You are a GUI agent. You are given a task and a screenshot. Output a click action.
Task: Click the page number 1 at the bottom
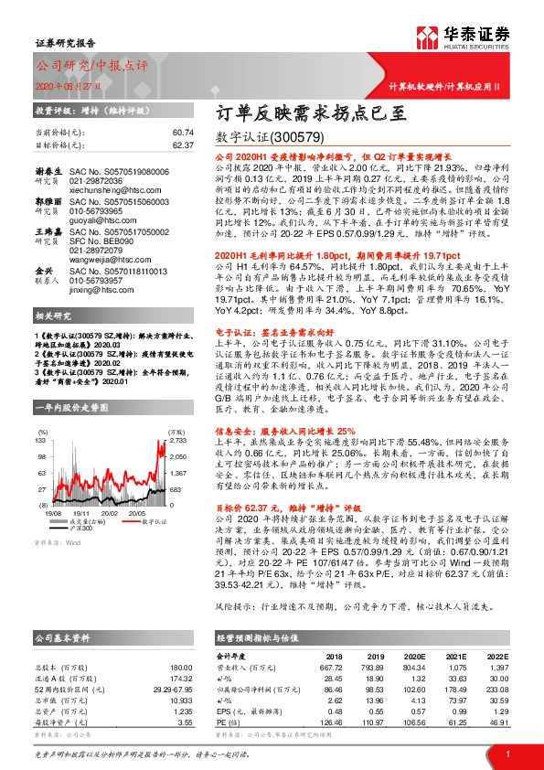tap(507, 753)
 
